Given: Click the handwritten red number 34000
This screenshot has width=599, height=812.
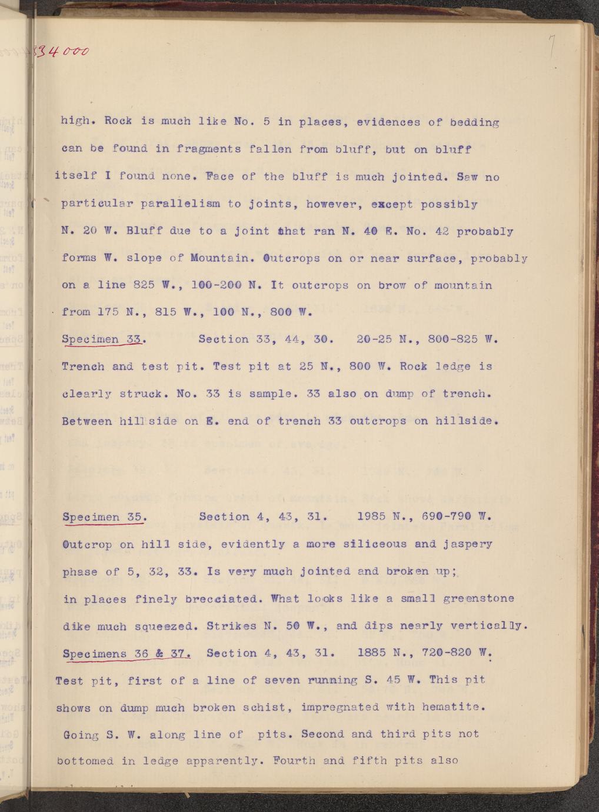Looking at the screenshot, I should [x=62, y=52].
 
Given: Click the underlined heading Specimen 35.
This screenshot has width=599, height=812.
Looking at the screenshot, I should [x=104, y=517].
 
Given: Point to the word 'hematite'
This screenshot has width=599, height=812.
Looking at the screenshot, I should [x=453, y=707].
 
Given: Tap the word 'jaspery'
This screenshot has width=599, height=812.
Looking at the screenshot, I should [x=468, y=544].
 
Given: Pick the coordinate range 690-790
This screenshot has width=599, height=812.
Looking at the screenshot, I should [x=447, y=517].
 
